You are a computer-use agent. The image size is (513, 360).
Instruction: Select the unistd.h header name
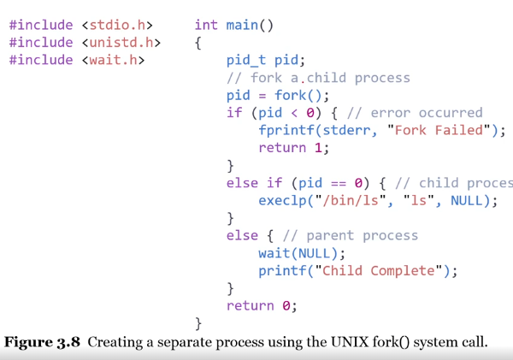click(x=123, y=42)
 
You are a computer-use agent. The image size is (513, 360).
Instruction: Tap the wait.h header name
click(x=115, y=60)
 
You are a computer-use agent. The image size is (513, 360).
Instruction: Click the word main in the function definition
click(x=241, y=25)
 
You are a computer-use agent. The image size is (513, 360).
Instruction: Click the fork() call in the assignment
click(x=298, y=95)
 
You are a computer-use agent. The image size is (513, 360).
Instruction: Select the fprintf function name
click(x=286, y=130)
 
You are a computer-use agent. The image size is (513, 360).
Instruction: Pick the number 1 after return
click(x=326, y=148)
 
